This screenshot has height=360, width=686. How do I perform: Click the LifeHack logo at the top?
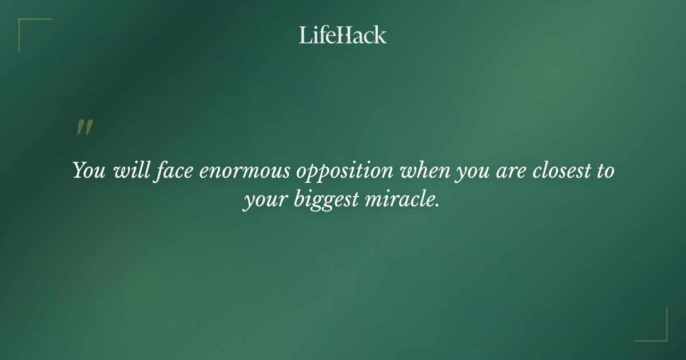342,35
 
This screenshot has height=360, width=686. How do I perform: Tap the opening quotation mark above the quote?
84,128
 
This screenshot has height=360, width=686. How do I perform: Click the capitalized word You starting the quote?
89,171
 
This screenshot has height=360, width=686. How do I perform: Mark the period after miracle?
437,206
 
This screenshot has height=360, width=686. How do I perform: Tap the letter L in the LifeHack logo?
305,35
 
